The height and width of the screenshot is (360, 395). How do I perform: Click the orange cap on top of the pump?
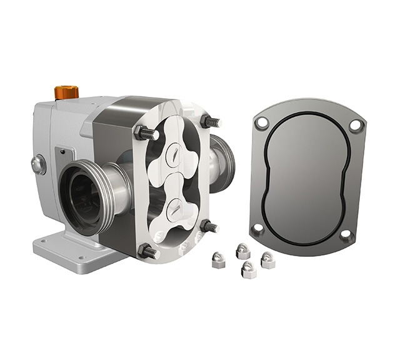(x=66, y=92)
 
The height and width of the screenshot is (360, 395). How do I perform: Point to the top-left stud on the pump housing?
(x=142, y=132)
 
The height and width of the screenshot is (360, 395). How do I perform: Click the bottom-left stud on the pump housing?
(x=149, y=251)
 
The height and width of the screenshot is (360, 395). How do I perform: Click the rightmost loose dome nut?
(x=267, y=259)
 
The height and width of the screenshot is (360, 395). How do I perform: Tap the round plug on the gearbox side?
(x=39, y=165)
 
